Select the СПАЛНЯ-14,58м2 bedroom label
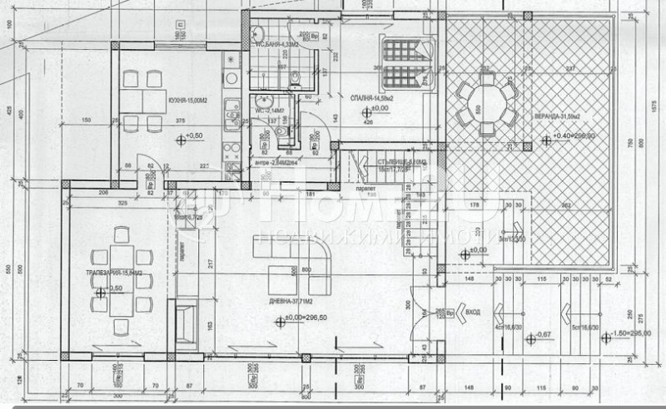[x=371, y=96]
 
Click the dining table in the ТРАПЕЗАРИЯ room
[x=122, y=279]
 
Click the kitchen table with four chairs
[x=142, y=101]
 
